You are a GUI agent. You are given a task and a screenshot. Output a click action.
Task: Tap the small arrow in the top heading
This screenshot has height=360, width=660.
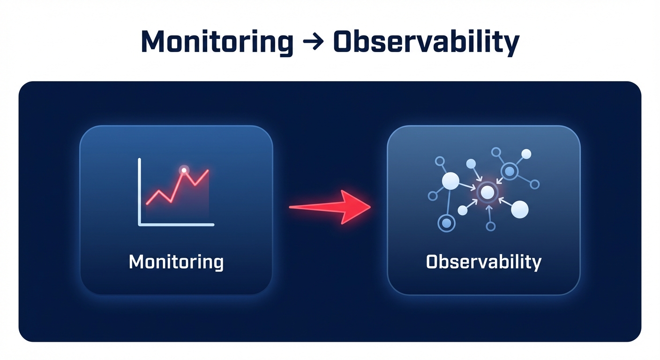313,42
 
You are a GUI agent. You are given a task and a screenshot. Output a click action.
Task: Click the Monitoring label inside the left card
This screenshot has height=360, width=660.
176,262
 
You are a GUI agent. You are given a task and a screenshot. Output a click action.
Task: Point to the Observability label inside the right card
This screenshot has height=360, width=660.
484,262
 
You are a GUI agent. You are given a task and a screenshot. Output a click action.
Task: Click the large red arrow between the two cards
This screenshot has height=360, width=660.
330,207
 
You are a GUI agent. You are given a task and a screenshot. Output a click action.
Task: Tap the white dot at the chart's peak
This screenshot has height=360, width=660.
184,170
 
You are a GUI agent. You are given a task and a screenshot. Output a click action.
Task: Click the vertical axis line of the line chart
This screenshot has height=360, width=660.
139,192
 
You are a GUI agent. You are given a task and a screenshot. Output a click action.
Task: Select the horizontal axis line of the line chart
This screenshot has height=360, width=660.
176,225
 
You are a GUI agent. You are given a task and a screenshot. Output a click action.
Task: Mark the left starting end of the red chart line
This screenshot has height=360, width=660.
147,204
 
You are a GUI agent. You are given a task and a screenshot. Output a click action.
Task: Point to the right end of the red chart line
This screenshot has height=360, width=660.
208,170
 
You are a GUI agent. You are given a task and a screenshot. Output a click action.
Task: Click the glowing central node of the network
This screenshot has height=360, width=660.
487,192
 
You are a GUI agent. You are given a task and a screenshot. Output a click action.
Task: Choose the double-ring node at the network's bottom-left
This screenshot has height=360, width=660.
446,223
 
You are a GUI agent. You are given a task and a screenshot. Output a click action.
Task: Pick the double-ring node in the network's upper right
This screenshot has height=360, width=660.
510,171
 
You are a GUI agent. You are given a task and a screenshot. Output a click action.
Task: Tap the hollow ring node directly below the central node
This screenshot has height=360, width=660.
490,226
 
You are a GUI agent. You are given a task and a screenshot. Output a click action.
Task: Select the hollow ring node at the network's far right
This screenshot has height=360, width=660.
534,184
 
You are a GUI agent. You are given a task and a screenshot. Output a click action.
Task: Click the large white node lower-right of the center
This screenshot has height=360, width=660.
519,210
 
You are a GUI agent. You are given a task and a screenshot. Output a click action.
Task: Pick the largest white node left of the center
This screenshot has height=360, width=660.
450,181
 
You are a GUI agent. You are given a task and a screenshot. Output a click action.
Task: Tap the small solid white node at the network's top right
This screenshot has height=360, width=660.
526,154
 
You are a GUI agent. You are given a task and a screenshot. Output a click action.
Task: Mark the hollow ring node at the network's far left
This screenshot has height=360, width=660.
433,196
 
